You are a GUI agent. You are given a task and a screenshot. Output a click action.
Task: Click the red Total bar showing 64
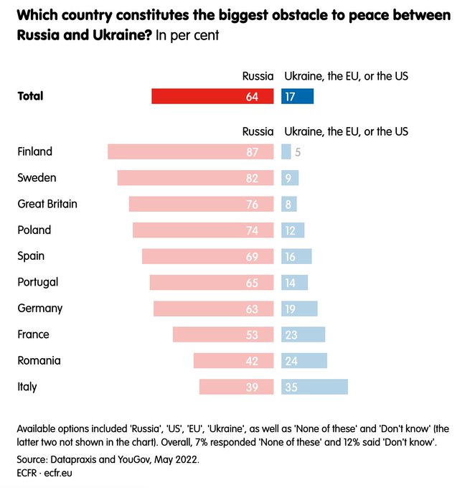pos(212,96)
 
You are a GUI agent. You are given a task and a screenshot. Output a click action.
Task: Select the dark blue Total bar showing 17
pos(298,96)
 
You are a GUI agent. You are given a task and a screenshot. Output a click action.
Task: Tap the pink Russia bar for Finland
pos(190,151)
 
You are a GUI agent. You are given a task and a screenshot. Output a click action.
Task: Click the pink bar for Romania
pos(233,360)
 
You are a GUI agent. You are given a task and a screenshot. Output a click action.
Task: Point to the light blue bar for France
pos(303,334)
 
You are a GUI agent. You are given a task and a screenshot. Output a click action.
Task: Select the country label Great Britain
pos(47,204)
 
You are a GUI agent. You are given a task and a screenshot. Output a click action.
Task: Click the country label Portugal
pos(38,282)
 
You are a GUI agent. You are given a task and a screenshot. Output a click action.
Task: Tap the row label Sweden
pos(37,177)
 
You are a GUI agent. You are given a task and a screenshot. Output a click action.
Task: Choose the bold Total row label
pos(30,95)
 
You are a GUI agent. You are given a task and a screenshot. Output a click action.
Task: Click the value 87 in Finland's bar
pos(252,152)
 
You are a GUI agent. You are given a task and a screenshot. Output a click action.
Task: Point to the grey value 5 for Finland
pos(297,152)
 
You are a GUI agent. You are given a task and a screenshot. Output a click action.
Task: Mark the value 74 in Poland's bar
pos(252,230)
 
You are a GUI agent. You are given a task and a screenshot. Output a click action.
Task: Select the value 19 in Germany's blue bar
pos(291,309)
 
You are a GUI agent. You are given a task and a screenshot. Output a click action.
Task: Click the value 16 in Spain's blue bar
pos(291,256)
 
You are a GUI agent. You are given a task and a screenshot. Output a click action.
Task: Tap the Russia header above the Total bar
pos(258,75)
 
